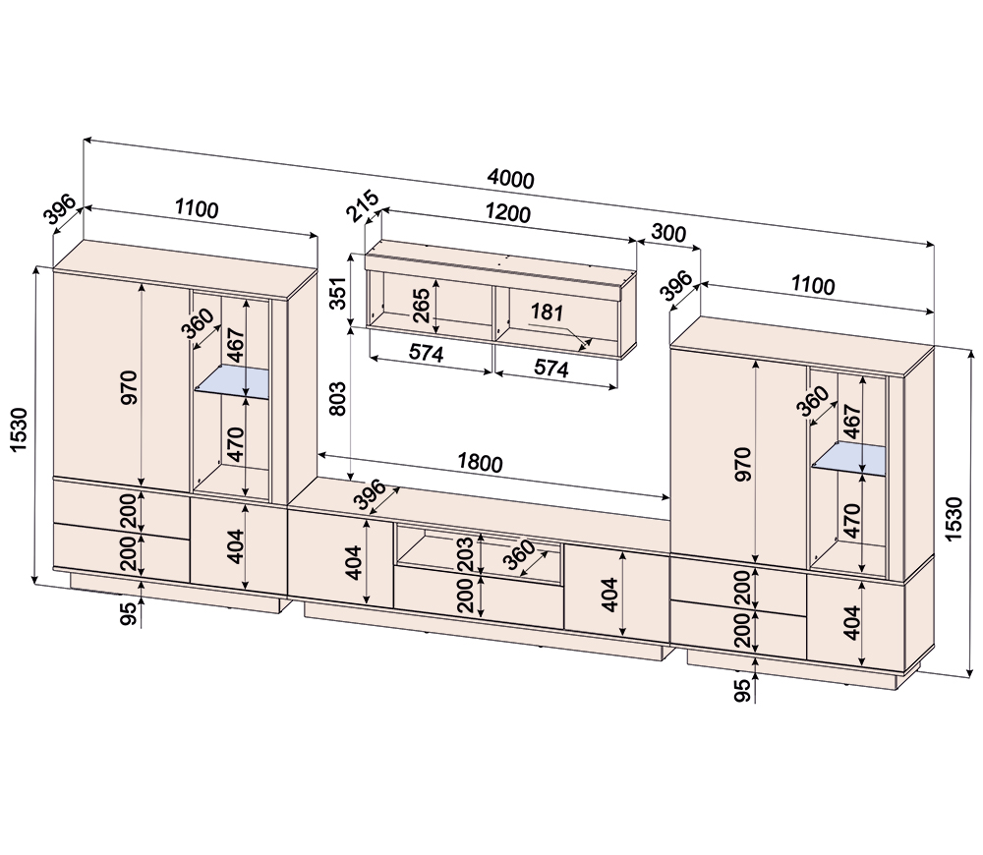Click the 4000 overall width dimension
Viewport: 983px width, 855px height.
click(x=511, y=179)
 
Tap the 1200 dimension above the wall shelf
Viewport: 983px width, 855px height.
click(x=508, y=213)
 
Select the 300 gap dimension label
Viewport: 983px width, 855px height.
click(x=668, y=233)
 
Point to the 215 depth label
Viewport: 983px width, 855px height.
click(x=364, y=205)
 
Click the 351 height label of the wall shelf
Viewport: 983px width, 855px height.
click(x=338, y=293)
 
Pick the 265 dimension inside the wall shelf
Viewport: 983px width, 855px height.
click(x=421, y=306)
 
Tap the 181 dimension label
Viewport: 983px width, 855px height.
click(x=547, y=312)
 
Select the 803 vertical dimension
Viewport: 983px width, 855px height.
click(x=337, y=398)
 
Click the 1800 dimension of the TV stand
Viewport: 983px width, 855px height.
click(x=480, y=463)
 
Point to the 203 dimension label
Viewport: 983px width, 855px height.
click(x=465, y=553)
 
